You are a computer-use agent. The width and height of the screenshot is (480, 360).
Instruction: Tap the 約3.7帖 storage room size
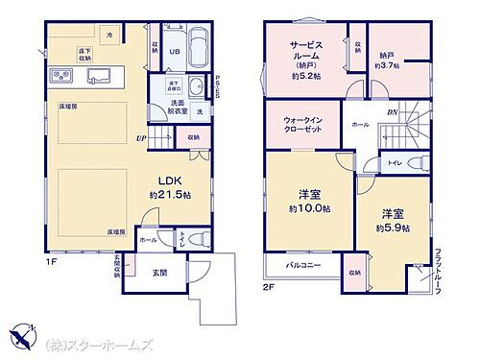387,65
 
